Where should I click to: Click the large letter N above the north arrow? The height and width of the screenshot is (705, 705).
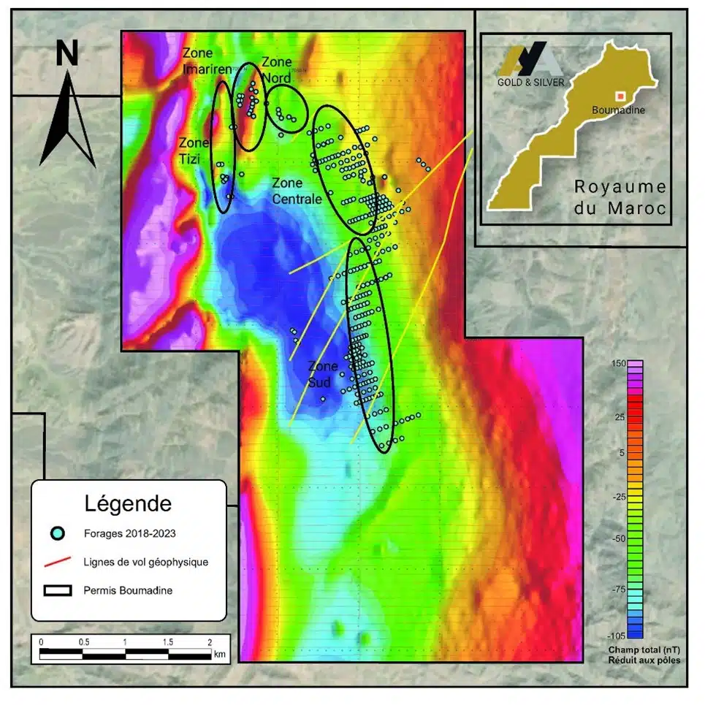[67, 53]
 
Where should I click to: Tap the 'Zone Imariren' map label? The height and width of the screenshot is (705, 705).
[207, 61]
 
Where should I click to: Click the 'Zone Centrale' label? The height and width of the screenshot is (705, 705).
[297, 191]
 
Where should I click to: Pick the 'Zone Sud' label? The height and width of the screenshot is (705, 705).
[323, 374]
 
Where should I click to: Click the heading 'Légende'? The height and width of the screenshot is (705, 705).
[128, 503]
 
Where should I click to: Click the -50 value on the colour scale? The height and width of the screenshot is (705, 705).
[601, 538]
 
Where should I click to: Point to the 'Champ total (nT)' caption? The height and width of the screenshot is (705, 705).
[644, 650]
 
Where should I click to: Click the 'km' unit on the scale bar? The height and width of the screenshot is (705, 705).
[220, 655]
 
